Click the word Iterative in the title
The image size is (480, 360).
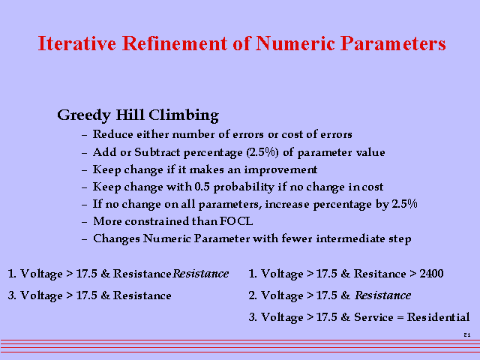pos(77,43)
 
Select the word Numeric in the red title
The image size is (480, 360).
pos(295,43)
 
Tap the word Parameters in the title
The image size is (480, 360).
pos(393,43)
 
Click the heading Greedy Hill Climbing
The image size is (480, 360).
pos(138,115)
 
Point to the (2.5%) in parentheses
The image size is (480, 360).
pos(262,152)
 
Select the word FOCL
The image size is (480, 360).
pos(236,221)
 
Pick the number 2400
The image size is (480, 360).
pos(432,273)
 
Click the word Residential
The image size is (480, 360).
pos(438,316)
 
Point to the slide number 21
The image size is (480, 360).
pos(467,335)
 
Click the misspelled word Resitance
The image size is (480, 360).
pos(380,273)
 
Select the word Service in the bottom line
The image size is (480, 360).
pos(373,316)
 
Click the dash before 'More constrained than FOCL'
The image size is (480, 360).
pos(85,222)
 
